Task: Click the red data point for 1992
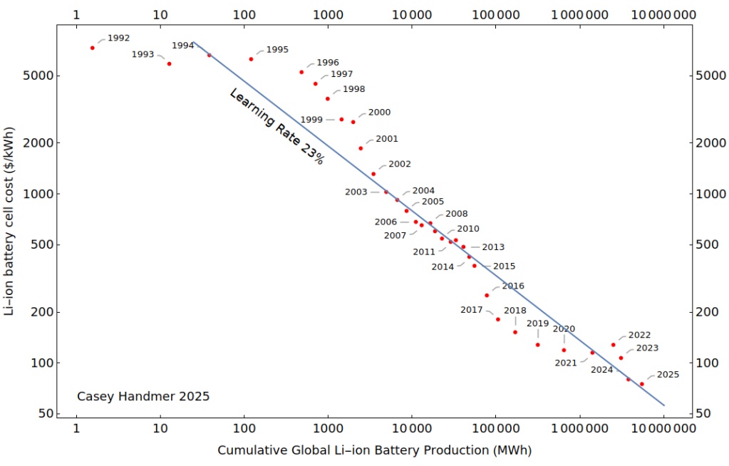93,48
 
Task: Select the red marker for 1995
251,59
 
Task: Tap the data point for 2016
487,295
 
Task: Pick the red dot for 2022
613,345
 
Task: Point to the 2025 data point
642,384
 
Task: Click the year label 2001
386,139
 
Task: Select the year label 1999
311,120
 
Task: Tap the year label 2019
537,323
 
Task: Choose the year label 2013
493,247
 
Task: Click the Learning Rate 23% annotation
276,127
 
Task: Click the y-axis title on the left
9,220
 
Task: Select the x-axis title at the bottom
374,450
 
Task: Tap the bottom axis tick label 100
244,429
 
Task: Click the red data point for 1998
328,98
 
